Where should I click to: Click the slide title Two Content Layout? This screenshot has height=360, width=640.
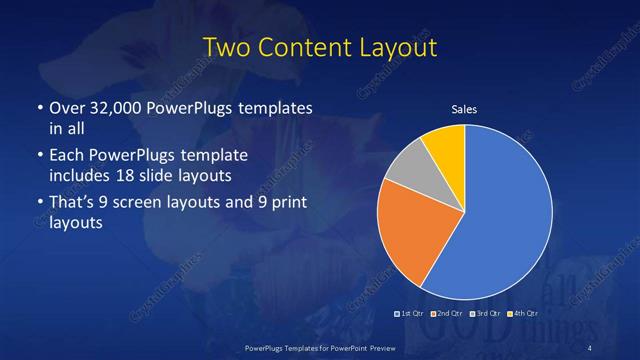tap(320, 48)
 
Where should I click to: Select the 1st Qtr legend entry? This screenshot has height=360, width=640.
tap(411, 315)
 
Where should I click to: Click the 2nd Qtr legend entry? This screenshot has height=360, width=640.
tap(446, 315)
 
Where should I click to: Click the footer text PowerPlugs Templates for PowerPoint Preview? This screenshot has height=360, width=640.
tap(319, 346)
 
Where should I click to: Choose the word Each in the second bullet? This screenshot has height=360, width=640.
tap(67, 156)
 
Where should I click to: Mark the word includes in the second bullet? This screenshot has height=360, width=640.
tap(82, 176)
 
